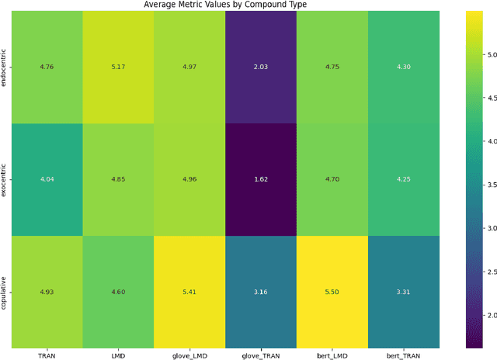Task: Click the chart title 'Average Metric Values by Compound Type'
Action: click(x=224, y=5)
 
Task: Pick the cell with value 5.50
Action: click(x=332, y=292)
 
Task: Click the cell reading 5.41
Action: click(x=189, y=292)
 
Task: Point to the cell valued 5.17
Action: click(x=117, y=67)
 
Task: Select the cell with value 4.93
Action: click(x=46, y=292)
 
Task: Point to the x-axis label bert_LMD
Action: click(x=332, y=355)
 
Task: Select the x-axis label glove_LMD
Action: click(x=189, y=355)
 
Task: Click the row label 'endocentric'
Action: click(x=5, y=67)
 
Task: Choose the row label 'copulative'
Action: click(x=5, y=292)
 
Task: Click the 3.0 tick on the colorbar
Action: click(x=489, y=229)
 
